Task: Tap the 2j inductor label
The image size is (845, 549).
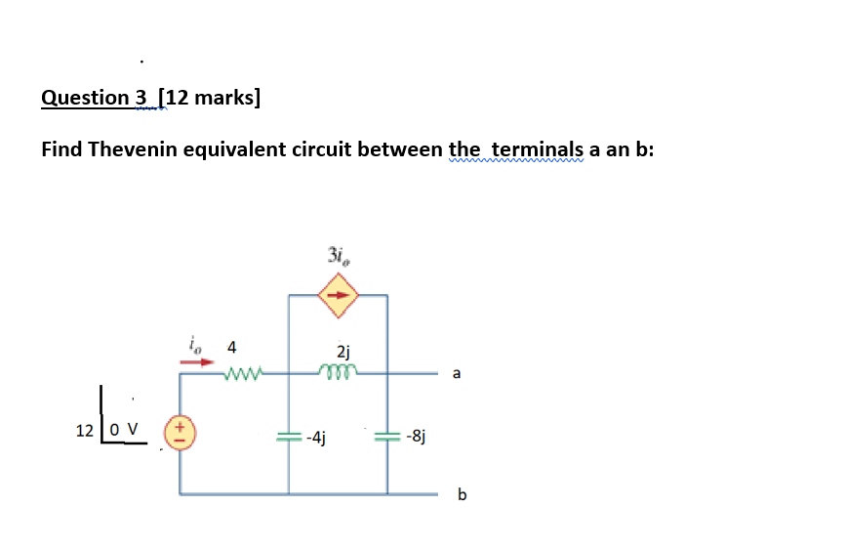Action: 342,351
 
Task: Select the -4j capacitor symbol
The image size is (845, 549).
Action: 288,437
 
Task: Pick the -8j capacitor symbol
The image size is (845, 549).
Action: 387,437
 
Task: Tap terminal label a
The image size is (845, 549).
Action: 458,372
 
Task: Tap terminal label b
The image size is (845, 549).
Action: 462,495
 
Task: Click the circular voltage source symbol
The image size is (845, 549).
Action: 180,430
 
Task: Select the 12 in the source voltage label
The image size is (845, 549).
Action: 86,430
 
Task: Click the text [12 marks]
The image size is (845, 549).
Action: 210,98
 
